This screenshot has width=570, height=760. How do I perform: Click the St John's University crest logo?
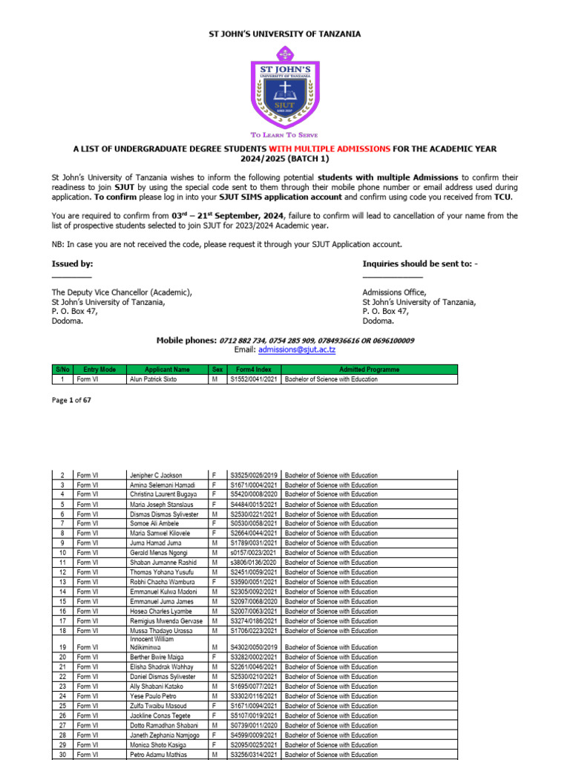tap(285, 87)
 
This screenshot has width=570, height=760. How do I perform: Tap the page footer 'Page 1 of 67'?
tap(71, 400)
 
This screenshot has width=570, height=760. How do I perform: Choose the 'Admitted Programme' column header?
tap(369, 369)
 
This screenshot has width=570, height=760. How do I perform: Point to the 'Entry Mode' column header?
tap(100, 369)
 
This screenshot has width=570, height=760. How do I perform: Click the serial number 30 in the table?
tap(62, 754)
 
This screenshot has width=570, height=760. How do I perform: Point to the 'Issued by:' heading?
tap(72, 263)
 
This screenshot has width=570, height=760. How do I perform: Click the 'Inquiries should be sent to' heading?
tap(420, 263)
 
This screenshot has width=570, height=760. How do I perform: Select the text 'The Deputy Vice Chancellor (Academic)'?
tap(122, 292)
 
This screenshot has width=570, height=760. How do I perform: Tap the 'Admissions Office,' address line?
tap(394, 292)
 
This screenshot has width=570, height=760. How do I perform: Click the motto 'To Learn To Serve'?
tap(285, 135)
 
